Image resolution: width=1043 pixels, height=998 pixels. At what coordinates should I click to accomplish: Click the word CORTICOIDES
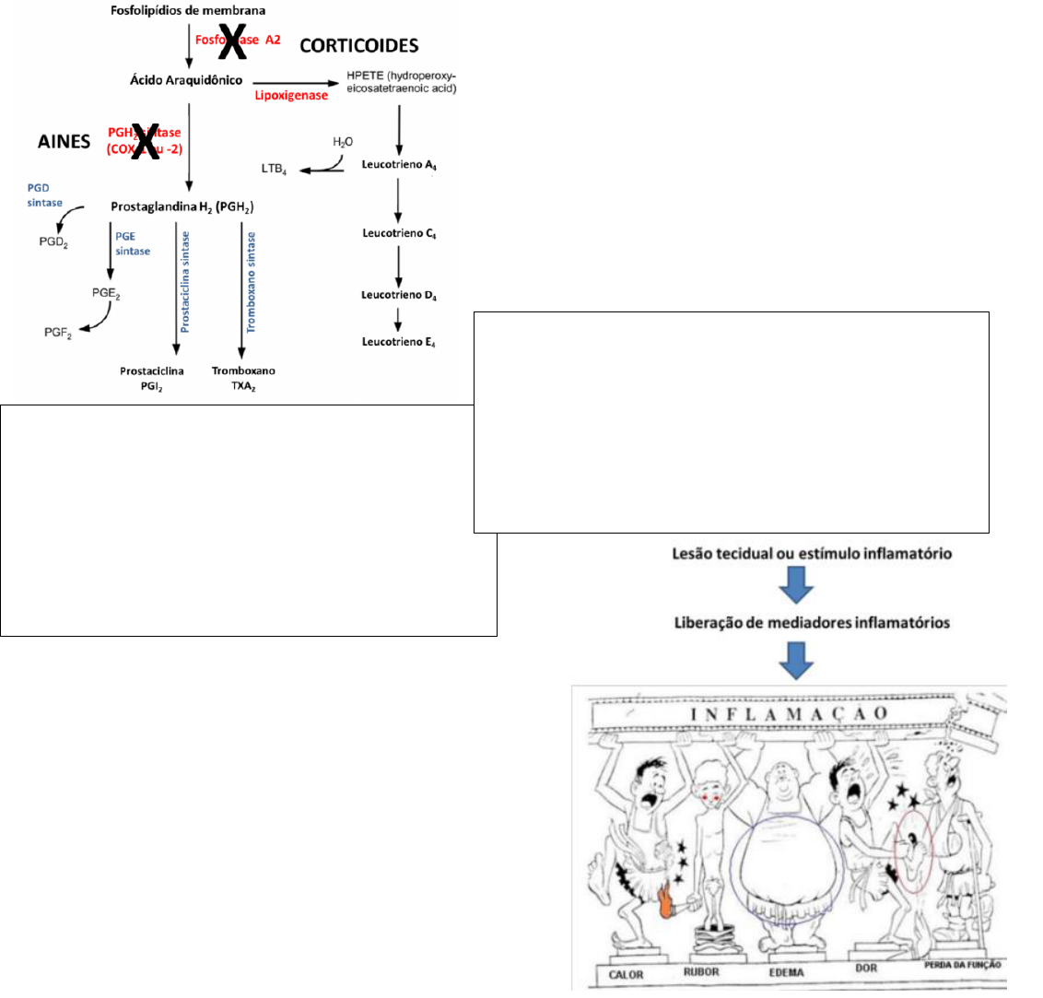tap(358, 45)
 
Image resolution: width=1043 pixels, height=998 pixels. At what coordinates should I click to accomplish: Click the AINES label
tap(64, 141)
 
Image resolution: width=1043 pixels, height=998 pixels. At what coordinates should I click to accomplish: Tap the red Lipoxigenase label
tap(291, 95)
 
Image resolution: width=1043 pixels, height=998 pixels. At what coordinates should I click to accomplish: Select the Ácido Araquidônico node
tap(186, 80)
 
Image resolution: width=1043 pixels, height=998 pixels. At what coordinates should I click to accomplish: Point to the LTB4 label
tap(274, 170)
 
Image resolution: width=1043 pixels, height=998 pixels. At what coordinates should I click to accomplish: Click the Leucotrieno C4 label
tap(399, 233)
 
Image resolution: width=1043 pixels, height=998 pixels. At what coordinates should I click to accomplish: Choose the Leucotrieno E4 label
tap(399, 342)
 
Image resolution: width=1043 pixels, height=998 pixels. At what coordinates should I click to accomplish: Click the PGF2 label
tap(58, 333)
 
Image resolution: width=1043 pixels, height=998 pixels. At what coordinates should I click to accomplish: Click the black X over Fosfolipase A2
tap(231, 42)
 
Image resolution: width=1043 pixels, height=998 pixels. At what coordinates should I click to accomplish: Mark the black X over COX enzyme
tap(144, 141)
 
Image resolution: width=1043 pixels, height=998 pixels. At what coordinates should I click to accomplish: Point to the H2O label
tap(343, 142)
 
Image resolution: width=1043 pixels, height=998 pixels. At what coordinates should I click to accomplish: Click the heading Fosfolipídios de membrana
tap(188, 11)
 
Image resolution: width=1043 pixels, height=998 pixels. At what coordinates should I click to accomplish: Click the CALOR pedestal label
tap(627, 974)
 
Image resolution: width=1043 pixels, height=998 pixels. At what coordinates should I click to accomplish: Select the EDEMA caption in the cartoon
tap(786, 973)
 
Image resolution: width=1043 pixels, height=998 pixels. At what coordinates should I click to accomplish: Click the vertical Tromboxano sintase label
tap(252, 282)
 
